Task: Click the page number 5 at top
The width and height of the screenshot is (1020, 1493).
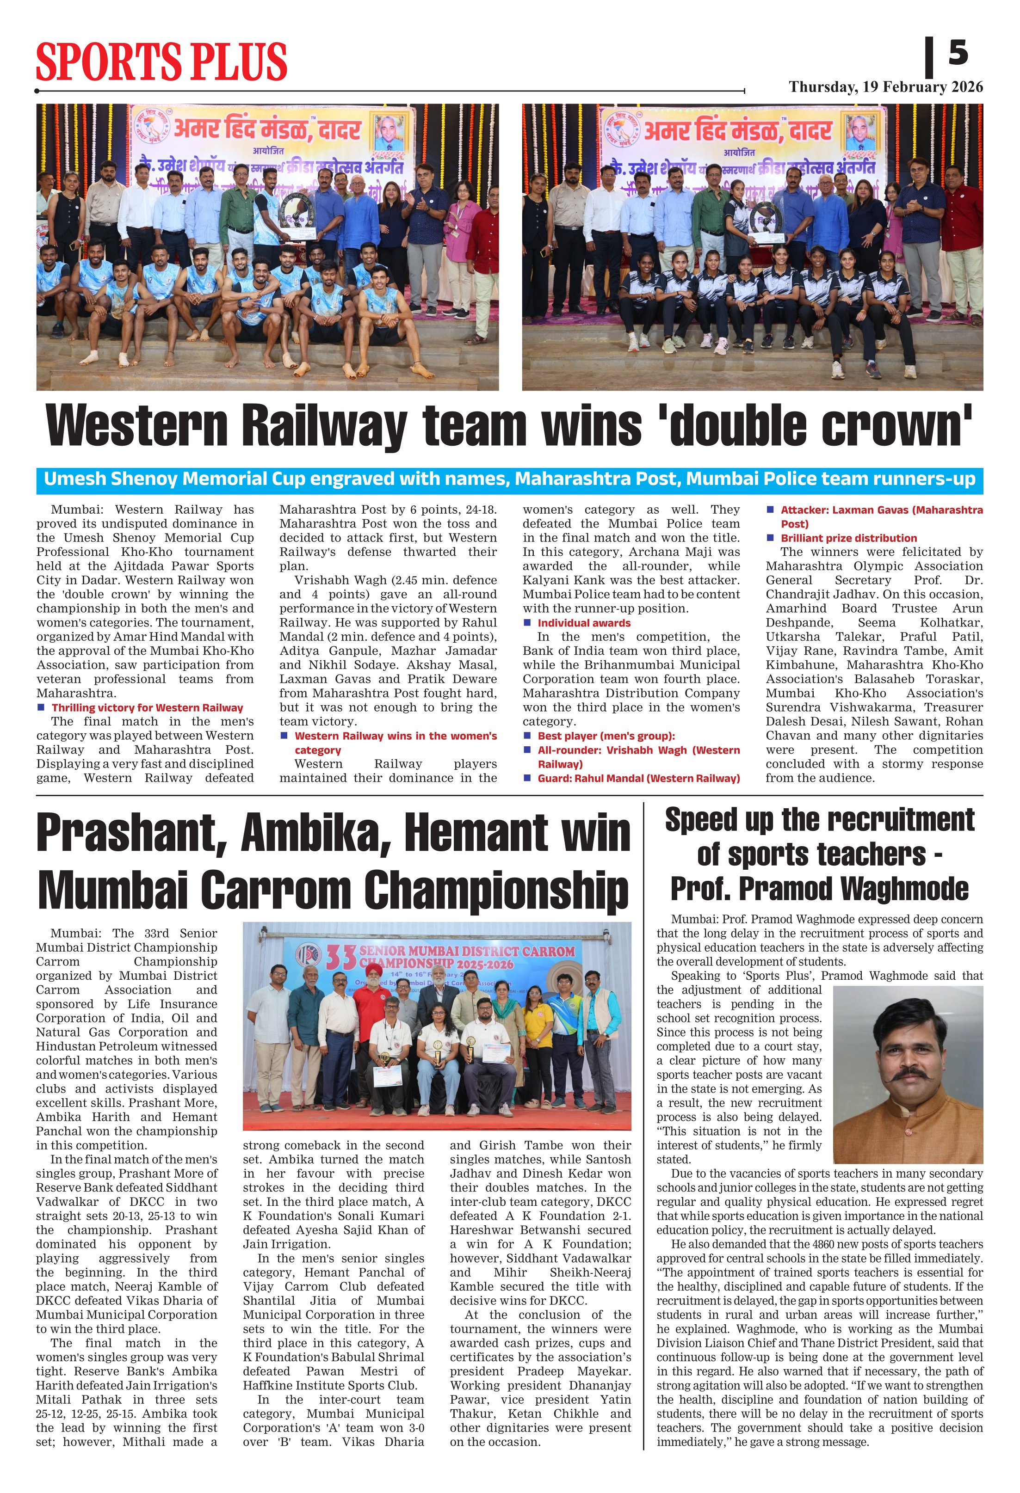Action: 958,53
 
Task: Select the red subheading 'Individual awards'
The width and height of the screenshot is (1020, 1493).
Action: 584,623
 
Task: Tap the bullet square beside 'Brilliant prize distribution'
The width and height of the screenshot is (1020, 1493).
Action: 770,538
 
